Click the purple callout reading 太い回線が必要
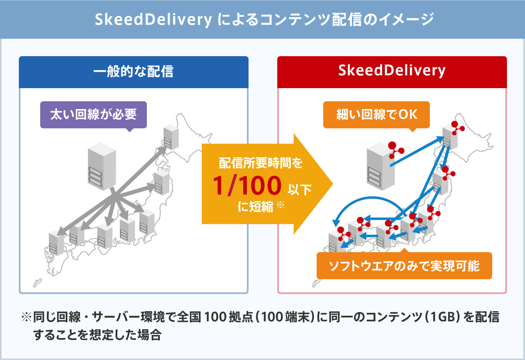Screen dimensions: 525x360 click(x=93, y=115)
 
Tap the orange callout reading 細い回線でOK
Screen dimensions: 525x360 click(x=377, y=115)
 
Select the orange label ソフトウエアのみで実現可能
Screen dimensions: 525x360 click(x=404, y=266)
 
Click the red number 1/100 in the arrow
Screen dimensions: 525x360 click(x=247, y=185)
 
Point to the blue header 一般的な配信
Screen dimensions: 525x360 click(x=134, y=72)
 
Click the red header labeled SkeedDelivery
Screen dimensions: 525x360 click(x=392, y=72)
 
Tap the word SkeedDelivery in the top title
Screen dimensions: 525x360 click(x=153, y=19)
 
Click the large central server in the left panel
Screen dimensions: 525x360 click(x=102, y=166)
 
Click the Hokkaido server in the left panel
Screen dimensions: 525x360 click(x=171, y=137)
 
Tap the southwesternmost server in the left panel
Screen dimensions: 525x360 click(x=56, y=243)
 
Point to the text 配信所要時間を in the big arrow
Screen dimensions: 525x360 click(x=260, y=163)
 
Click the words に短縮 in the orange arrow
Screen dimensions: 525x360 click(x=256, y=207)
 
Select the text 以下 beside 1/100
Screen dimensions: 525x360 click(x=299, y=189)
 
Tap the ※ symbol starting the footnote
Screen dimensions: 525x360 click(x=26, y=317)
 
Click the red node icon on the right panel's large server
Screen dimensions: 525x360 click(x=396, y=150)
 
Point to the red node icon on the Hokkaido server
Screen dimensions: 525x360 click(x=457, y=128)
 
